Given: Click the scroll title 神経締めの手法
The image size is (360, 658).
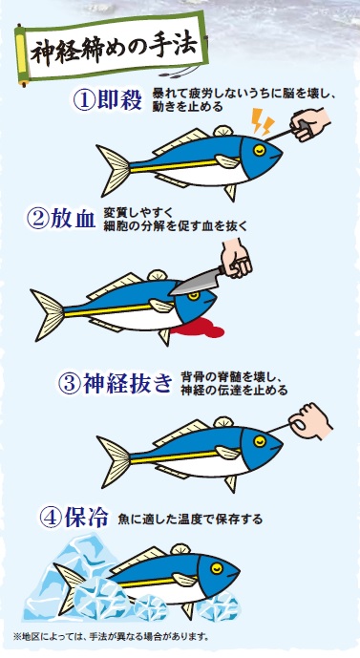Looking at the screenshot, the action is pyautogui.click(x=114, y=49).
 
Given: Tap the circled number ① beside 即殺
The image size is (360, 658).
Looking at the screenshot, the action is pyautogui.click(x=84, y=100).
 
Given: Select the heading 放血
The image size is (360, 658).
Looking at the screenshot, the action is pyautogui.click(x=73, y=219).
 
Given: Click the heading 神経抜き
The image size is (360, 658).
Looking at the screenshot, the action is pyautogui.click(x=127, y=384).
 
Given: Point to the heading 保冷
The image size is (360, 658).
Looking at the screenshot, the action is pyautogui.click(x=87, y=518).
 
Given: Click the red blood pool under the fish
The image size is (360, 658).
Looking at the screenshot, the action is pyautogui.click(x=198, y=328).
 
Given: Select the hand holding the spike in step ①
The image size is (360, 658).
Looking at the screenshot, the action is pyautogui.click(x=309, y=125).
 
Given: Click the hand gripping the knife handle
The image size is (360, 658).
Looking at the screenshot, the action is pyautogui.click(x=236, y=258).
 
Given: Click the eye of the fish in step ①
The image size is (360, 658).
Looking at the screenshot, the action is pyautogui.click(x=260, y=150).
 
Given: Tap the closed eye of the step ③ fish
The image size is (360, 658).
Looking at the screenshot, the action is pyautogui.click(x=260, y=440).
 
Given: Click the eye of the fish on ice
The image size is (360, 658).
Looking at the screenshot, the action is pyautogui.click(x=217, y=568).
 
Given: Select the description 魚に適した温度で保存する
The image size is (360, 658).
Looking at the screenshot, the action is pyautogui.click(x=190, y=520).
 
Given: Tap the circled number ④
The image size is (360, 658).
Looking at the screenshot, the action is pyautogui.click(x=51, y=518).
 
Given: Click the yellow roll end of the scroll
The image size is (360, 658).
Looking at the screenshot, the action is pyautogui.click(x=21, y=55).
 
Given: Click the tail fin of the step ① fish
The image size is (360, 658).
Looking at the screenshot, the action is pyautogui.click(x=114, y=170).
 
